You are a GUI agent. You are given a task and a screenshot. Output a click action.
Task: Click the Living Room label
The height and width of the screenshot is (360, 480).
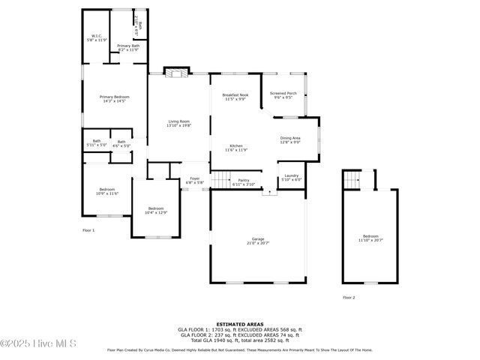[178, 124]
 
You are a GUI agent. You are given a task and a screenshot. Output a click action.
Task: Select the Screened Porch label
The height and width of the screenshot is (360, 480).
[283, 95]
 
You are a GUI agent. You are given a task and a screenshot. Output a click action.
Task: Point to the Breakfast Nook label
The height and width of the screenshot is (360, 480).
[234, 97]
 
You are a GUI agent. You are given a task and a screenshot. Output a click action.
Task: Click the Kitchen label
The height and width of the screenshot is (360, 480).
[236, 148]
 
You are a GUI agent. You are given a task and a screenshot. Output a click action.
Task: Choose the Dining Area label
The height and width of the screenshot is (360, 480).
[290, 139]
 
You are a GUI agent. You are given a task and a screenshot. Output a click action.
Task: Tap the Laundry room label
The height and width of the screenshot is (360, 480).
[291, 178]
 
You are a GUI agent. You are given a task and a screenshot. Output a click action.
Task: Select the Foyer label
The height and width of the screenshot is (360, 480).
[194, 180]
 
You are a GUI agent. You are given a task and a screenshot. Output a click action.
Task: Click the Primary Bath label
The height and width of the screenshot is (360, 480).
[128, 48]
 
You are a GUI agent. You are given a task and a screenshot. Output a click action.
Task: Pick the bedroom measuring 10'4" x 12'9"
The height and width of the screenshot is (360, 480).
[155, 211]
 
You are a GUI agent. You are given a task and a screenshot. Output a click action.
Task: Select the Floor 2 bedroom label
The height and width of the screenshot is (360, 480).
[370, 238]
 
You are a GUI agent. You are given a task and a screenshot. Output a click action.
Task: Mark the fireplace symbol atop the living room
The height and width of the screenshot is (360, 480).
[175, 73]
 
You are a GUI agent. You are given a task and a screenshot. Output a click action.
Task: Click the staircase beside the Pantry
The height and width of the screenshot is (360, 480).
[219, 179]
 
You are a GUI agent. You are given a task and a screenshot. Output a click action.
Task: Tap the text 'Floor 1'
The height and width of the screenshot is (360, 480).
[88, 230]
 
